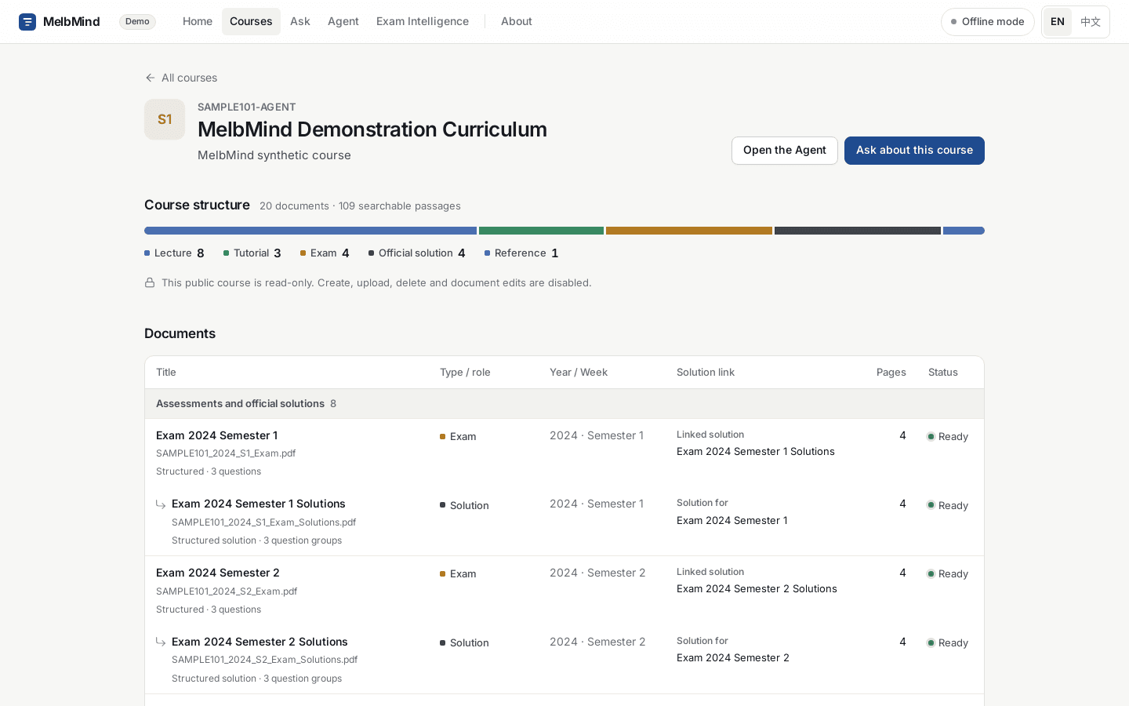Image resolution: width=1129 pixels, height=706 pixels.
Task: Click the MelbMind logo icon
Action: [27, 22]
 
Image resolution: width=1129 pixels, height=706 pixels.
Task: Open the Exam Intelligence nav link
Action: [423, 21]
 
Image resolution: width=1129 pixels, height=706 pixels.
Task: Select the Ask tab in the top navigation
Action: [299, 21]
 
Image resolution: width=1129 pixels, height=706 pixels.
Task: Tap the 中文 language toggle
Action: [1090, 22]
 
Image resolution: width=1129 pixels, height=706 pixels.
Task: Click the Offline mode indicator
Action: [987, 22]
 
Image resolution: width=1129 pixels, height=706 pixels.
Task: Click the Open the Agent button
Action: [784, 151]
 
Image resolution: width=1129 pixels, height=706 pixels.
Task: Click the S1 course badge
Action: [165, 119]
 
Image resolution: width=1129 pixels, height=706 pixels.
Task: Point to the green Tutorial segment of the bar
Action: [541, 231]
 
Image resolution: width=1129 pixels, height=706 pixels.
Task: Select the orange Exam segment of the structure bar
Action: [688, 231]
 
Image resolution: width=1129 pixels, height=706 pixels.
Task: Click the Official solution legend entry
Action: [417, 253]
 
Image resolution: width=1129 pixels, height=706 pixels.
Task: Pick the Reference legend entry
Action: [521, 253]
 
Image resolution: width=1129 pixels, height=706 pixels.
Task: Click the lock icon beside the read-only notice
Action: [150, 282]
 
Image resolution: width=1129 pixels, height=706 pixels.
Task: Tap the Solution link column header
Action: [705, 372]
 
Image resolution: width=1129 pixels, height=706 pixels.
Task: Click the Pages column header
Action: [891, 372]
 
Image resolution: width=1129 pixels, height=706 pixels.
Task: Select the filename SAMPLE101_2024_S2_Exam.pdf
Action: [227, 591]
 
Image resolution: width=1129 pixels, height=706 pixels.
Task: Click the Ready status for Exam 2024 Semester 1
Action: [948, 436]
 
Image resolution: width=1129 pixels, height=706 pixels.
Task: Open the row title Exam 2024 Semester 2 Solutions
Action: [260, 642]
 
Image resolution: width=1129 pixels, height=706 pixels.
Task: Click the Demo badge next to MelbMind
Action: [137, 22]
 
